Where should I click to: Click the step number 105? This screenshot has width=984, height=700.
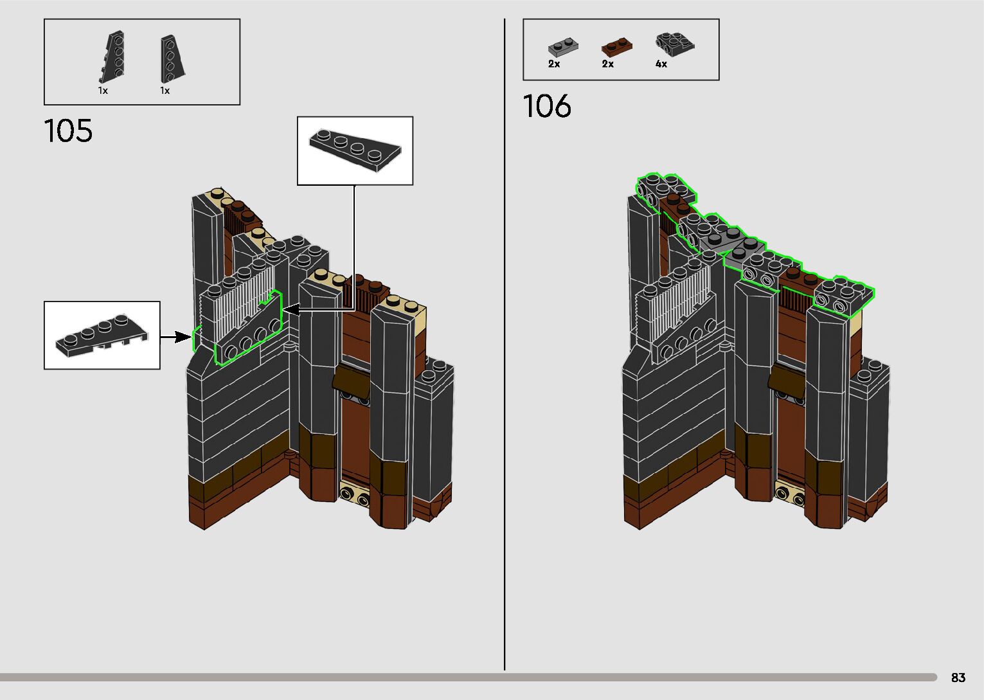[68, 130]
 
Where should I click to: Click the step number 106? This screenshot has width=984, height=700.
[547, 106]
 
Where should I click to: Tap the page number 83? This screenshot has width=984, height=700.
[958, 678]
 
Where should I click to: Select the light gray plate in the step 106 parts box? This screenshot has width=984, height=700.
[563, 47]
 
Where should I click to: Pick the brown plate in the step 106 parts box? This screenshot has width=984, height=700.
[617, 46]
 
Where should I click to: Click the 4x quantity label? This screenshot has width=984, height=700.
[661, 64]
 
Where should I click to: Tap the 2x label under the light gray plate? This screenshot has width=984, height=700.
[554, 64]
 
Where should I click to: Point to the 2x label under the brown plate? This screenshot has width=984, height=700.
[607, 64]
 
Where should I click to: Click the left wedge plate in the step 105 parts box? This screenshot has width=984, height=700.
[112, 57]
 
